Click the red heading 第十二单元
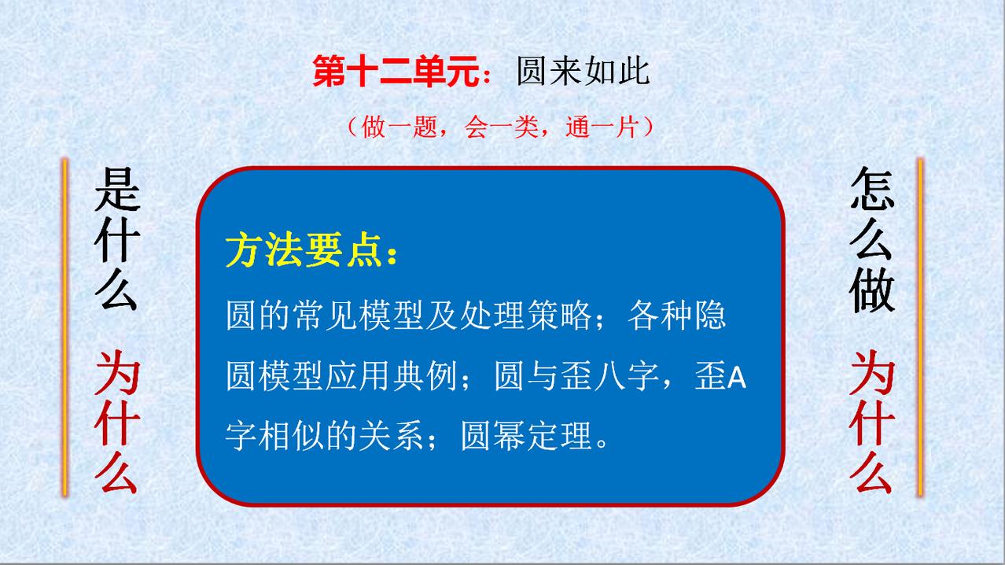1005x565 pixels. (396, 71)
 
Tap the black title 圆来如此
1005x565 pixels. (583, 71)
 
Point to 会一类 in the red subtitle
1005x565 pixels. (501, 127)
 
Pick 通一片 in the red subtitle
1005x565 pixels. (602, 127)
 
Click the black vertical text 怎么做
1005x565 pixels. (872, 239)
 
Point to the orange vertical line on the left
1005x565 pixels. (65, 327)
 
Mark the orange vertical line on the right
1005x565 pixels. (920, 327)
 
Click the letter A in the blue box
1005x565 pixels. (736, 379)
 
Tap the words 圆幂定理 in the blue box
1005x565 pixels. (527, 436)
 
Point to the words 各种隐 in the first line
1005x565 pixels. (676, 316)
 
